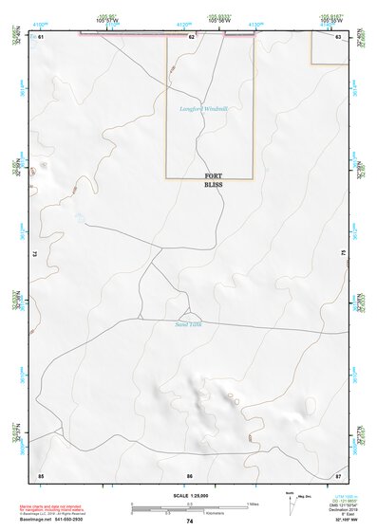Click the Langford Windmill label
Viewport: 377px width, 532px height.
point(204,109)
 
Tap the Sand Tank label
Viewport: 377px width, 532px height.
point(190,325)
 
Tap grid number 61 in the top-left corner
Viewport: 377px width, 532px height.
point(42,37)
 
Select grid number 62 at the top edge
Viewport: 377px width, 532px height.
point(191,37)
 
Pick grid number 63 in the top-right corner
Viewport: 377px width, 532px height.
point(338,37)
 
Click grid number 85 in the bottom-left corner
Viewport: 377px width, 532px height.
point(41,474)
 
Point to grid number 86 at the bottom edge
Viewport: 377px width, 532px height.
point(190,474)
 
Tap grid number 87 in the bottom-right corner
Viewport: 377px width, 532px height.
point(338,474)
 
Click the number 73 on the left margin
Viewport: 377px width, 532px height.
point(36,254)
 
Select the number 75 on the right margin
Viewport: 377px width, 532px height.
point(343,254)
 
